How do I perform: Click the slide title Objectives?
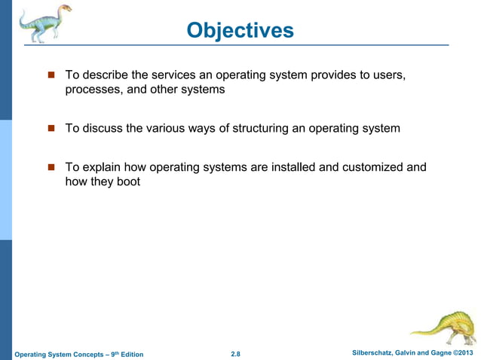pyautogui.click(x=240, y=30)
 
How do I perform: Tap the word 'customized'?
pyautogui.click(x=372, y=166)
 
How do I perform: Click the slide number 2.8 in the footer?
pyautogui.click(x=235, y=354)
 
